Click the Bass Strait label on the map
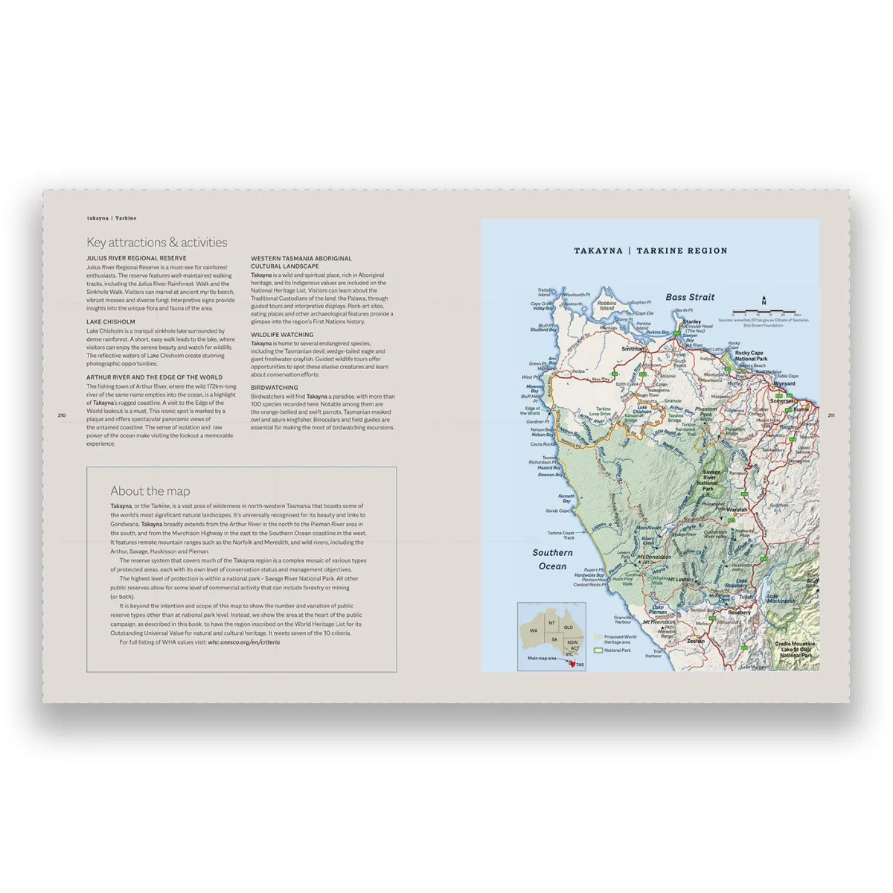coord(690,297)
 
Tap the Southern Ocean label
coord(552,560)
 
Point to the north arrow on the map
coord(764,301)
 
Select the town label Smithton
coord(633,348)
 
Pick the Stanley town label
coord(691,322)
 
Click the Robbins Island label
coord(607,305)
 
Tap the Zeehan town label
coord(695,641)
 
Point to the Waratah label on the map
coord(737,510)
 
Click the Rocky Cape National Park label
coord(750,356)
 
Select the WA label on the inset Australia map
coord(533,630)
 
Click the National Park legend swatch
coord(598,650)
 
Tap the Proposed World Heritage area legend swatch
coord(598,638)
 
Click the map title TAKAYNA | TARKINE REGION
coord(650,251)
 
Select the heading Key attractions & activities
coord(156,242)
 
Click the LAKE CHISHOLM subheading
coord(110,322)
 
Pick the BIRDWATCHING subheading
coord(274,388)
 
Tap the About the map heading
coord(150,490)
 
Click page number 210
coord(61,415)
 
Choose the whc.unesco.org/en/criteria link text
coord(244,641)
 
